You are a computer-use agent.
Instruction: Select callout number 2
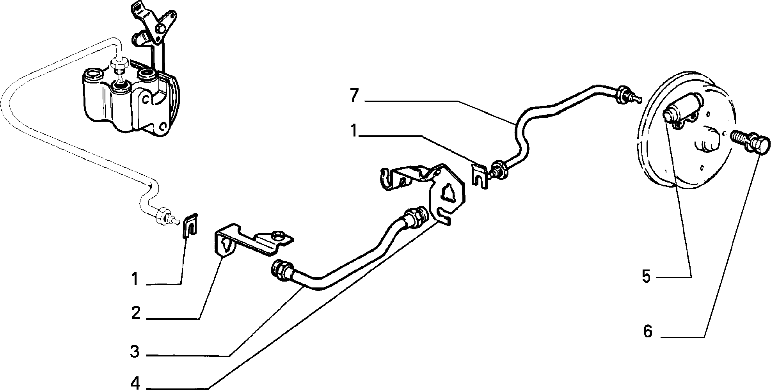(x=135, y=313)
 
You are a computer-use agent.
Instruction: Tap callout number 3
(x=135, y=352)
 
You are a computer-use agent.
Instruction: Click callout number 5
(x=647, y=276)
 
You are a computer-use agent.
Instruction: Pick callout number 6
(x=648, y=331)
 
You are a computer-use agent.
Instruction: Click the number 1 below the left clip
(x=135, y=280)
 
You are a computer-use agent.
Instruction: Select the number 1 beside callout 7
(x=354, y=131)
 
